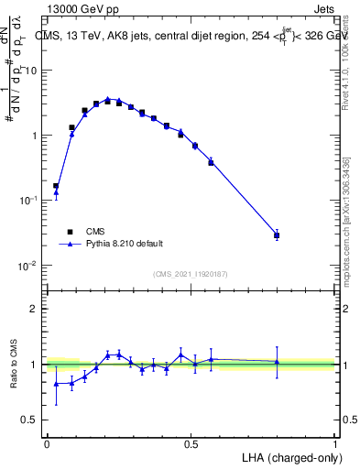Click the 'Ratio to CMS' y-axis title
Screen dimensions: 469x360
(x=15, y=364)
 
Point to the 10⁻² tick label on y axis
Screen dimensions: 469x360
(x=28, y=266)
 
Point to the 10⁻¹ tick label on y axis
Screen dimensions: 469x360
(x=28, y=201)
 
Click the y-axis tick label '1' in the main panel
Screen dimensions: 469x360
(x=35, y=136)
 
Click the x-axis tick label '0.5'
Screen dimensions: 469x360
(x=191, y=443)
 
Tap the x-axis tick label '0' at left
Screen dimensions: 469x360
(x=47, y=443)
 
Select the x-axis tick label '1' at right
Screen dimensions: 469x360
(x=335, y=443)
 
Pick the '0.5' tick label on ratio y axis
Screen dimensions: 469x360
(x=30, y=420)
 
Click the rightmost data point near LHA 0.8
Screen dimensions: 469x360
(x=277, y=235)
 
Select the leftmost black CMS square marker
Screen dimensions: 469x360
(x=56, y=186)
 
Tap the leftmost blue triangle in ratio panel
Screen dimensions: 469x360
(x=56, y=384)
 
